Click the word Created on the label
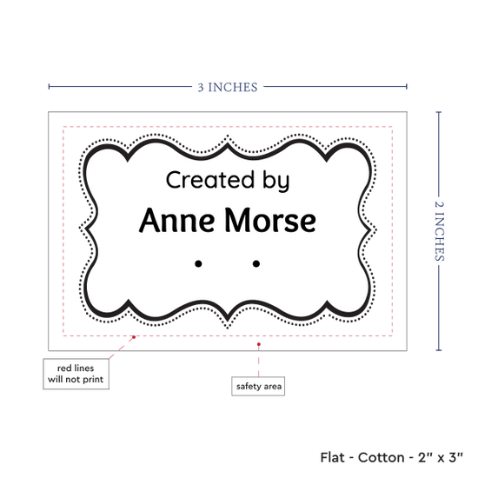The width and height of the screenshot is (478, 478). pos(210,180)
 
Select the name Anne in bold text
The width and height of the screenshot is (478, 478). pos(176,220)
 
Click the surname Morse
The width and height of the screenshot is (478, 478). pos(270,220)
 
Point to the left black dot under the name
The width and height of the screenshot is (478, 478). pos(198,263)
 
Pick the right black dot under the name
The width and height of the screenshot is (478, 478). pos(256,263)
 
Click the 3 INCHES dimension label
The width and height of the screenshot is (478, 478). pos(228,87)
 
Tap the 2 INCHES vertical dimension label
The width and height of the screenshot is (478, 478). pos(439,231)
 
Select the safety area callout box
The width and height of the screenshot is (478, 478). pos(258,386)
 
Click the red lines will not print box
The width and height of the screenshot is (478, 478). pos(76,374)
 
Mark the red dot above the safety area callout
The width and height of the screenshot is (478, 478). pos(258,344)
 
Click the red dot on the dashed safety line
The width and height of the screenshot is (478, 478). pos(134,337)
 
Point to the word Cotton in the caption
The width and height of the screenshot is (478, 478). pos(381,457)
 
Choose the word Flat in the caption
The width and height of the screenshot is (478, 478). pos(332,457)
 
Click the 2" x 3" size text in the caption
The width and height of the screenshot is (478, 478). pos(441,457)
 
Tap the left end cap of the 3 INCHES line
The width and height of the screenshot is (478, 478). pos(49,87)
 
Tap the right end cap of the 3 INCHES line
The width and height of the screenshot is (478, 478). pos(407,87)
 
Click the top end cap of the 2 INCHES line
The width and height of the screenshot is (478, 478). pos(439,112)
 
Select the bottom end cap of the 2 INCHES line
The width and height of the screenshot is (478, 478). pos(439,350)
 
